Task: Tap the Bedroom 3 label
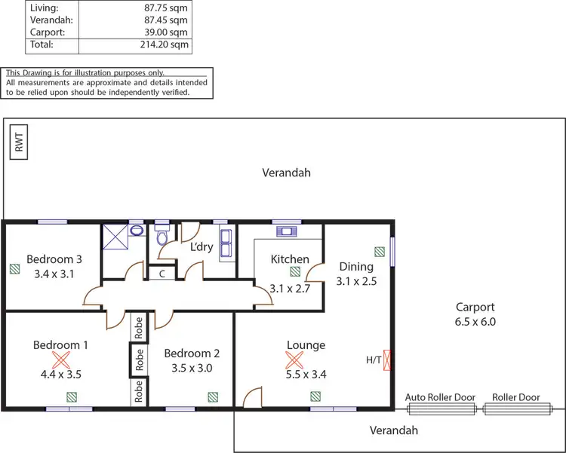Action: click(x=54, y=259)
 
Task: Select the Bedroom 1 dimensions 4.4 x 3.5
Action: click(x=60, y=372)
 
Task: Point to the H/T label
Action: click(x=374, y=360)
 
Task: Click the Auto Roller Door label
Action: click(x=441, y=397)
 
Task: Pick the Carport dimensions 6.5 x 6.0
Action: click(x=475, y=321)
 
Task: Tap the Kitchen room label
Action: click(x=291, y=259)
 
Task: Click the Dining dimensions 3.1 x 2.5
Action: click(x=356, y=281)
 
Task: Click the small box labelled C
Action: click(x=161, y=274)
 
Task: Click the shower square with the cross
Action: click(x=115, y=235)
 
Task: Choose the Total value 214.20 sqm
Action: click(x=166, y=45)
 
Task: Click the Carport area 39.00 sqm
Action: click(x=166, y=33)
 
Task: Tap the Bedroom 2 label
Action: click(x=192, y=353)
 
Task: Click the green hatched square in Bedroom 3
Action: click(x=14, y=268)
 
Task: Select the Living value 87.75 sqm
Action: click(x=166, y=8)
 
